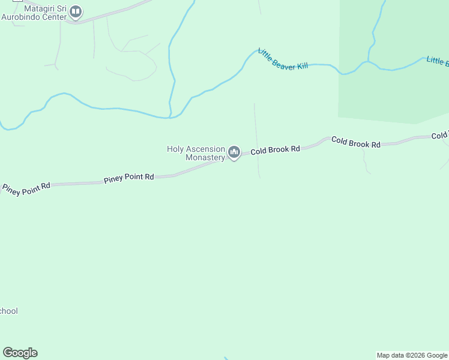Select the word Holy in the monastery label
[176, 149]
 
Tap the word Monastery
[205, 157]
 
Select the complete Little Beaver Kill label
[282, 59]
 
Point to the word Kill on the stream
[301, 66]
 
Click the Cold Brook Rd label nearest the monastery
[275, 150]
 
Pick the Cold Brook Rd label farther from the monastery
[356, 144]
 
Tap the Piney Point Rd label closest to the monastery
[128, 178]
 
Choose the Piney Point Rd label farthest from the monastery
[26, 190]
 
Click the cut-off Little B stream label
[437, 61]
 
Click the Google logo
[20, 353]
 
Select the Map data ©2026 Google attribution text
[412, 355]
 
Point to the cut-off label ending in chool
[8, 311]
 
